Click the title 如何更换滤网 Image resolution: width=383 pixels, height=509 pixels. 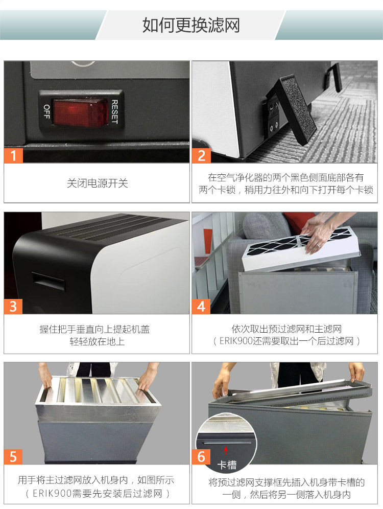[x=191, y=25]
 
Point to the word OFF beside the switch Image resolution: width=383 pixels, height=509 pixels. [x=46, y=111]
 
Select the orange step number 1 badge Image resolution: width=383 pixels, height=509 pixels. [x=14, y=155]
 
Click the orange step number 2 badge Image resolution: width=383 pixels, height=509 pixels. [x=201, y=155]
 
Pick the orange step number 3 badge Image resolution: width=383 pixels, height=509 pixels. [x=14, y=306]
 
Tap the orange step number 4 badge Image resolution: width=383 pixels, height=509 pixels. [x=201, y=306]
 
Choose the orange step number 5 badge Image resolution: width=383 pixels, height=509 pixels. [x=14, y=456]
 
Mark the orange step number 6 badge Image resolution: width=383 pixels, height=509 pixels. [x=201, y=456]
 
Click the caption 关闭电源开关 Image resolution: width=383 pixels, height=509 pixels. [x=97, y=183]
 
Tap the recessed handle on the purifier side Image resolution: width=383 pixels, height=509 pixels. [x=49, y=280]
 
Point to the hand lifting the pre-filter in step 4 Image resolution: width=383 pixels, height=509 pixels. [x=321, y=233]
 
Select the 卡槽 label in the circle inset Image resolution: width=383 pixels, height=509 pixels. [x=227, y=465]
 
